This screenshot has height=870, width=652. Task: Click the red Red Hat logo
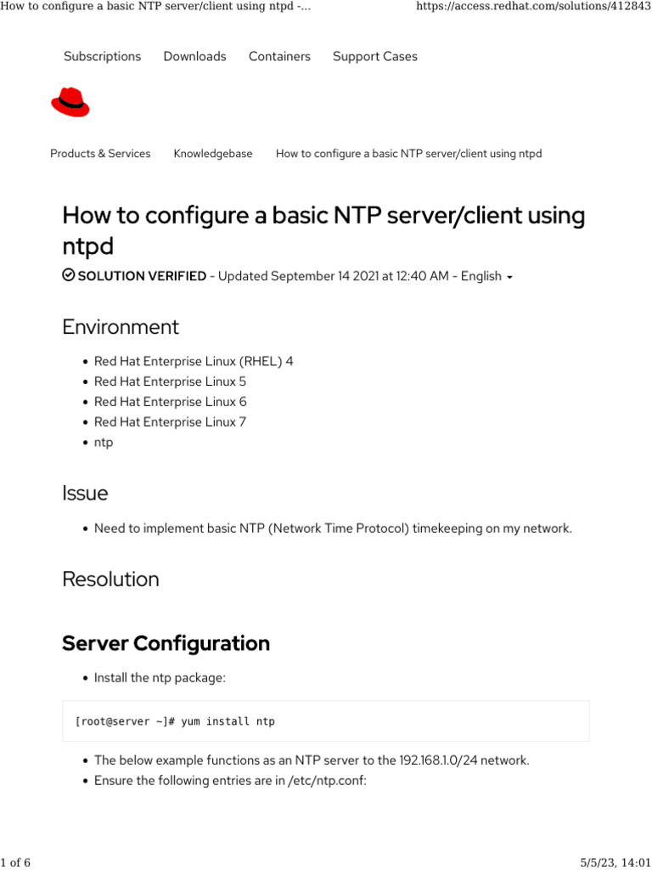tap(70, 104)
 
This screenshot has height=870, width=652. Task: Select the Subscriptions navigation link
tap(102, 56)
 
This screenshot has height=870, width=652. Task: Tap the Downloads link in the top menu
tap(194, 56)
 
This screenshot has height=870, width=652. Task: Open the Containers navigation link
tap(279, 56)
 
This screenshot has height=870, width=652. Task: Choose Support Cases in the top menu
tap(375, 56)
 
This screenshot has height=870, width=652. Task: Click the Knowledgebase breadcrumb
tap(213, 154)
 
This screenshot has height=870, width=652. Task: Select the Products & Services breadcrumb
tap(100, 154)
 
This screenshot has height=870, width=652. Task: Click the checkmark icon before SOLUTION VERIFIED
tap(68, 276)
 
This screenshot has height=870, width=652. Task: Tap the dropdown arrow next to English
tap(509, 278)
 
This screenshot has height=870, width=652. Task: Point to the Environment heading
tap(121, 327)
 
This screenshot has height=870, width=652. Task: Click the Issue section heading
tap(85, 493)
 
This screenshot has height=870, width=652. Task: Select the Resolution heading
tap(110, 579)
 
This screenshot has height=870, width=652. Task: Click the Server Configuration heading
tap(166, 643)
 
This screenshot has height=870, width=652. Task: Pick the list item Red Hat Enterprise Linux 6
tap(170, 402)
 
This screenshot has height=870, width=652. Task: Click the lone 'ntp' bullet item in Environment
tap(104, 442)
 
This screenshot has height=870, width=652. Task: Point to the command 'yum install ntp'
tap(228, 721)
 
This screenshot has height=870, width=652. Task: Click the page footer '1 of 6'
tap(15, 862)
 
